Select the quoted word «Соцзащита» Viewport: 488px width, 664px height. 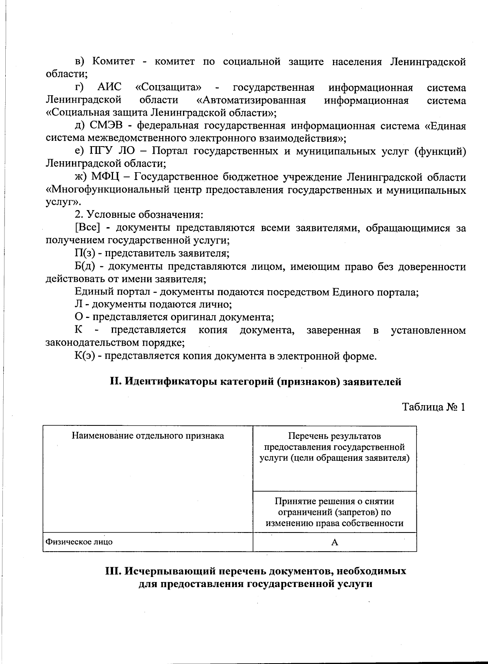168,88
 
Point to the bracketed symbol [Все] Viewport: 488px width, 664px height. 87,228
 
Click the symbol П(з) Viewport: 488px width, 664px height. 85,253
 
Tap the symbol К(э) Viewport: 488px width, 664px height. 86,356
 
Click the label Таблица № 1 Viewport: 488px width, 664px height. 433,407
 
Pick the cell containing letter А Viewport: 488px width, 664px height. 335,542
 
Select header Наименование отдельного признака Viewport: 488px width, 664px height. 148,436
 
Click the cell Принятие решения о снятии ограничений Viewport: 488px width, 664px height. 335,512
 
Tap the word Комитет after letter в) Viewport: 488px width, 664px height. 113,62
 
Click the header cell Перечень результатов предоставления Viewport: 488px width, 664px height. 335,447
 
